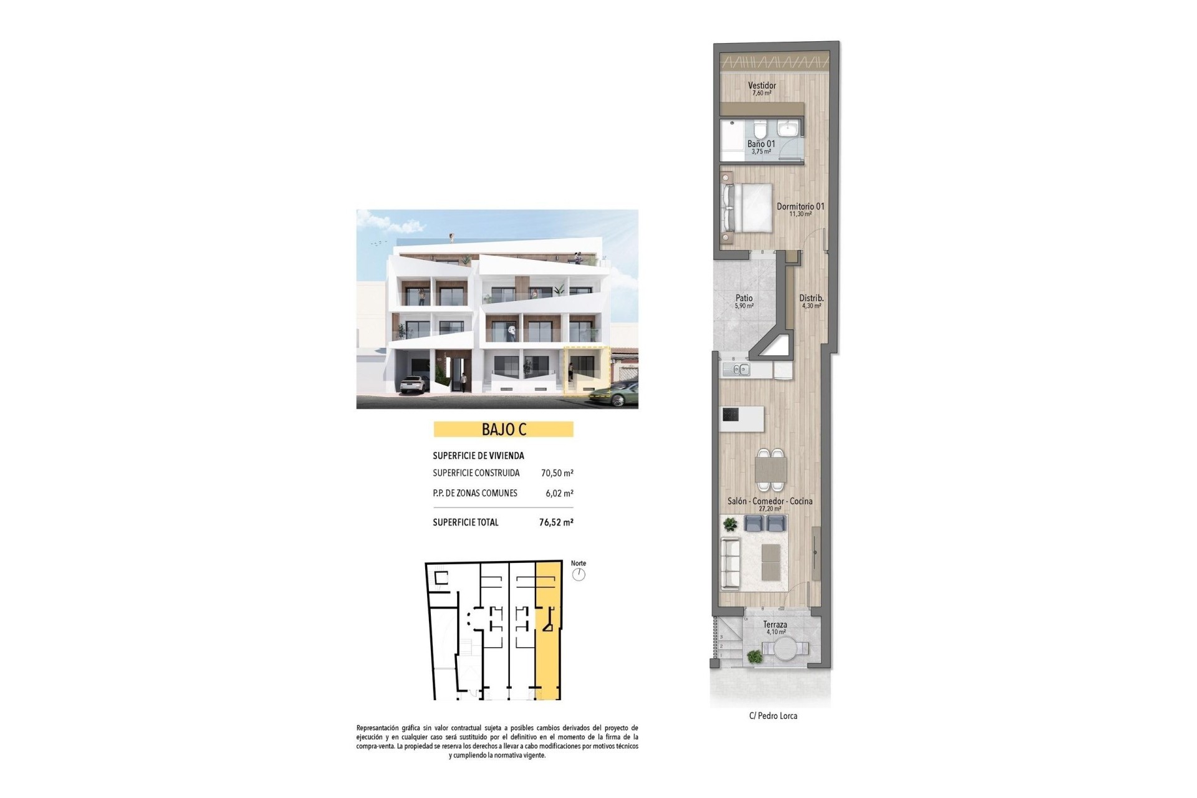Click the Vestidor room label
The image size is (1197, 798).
[x=762, y=85]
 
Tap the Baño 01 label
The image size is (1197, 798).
[x=761, y=144]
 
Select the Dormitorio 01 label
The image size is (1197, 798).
[x=800, y=206]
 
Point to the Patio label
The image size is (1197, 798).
[x=744, y=299]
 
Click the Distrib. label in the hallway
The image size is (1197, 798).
[x=811, y=299]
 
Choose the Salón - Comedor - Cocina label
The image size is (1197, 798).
[x=770, y=501]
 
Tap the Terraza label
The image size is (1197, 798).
[x=775, y=625]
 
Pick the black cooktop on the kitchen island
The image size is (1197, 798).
[x=730, y=415]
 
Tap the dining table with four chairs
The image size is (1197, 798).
[x=771, y=469]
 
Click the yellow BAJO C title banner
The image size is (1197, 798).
[x=503, y=430]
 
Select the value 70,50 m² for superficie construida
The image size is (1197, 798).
[x=557, y=473]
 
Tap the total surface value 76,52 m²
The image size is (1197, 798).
[x=556, y=522]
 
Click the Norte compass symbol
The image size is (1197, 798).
[x=579, y=574]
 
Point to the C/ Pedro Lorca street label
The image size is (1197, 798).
[x=773, y=716]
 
